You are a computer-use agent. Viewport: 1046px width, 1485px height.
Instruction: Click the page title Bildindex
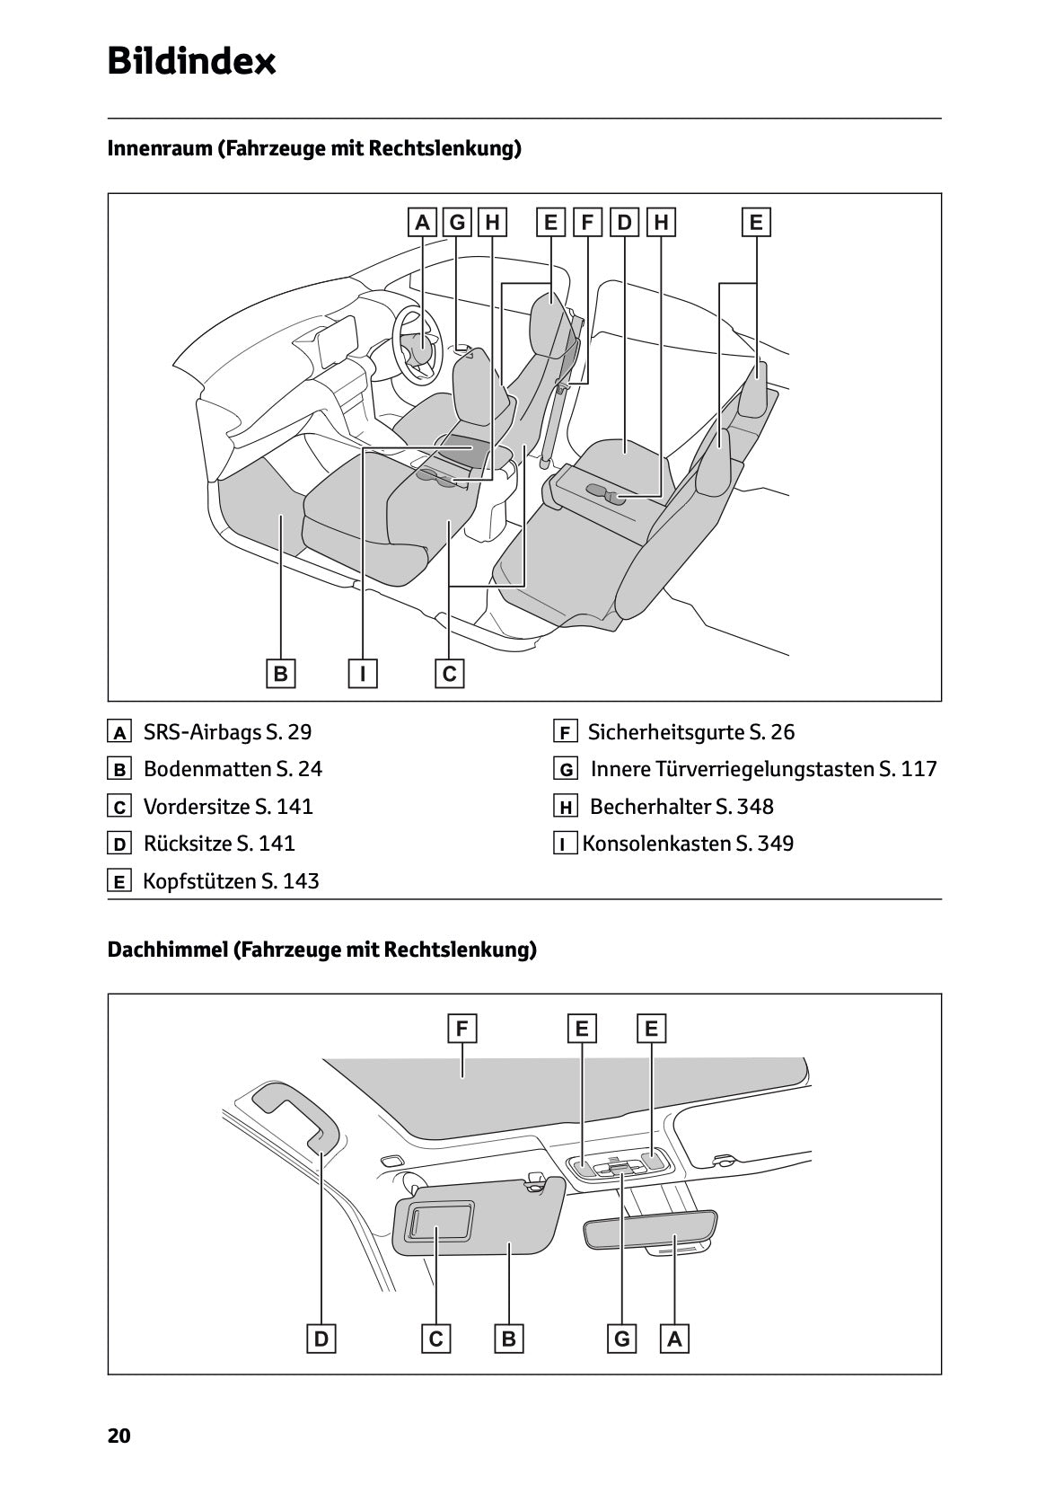click(x=191, y=62)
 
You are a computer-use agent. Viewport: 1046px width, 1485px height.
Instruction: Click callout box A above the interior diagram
click(x=422, y=222)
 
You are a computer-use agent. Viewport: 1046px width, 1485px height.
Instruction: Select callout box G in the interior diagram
click(x=457, y=222)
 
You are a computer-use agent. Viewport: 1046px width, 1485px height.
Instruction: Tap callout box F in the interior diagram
click(x=587, y=222)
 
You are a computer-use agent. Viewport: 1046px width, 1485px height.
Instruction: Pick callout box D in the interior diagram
click(x=624, y=222)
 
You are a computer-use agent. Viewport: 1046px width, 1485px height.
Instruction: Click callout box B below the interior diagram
click(x=280, y=673)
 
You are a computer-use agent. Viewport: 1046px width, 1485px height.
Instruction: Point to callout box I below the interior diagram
click(x=363, y=673)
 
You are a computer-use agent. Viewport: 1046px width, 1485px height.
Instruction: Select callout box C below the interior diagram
click(x=450, y=673)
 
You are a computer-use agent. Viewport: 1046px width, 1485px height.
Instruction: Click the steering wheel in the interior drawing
click(x=418, y=346)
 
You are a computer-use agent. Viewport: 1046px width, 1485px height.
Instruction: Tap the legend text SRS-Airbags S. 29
click(x=227, y=732)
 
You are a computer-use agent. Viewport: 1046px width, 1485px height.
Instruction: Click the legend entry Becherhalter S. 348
click(x=681, y=807)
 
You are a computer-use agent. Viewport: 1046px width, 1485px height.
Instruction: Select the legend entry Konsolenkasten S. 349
click(x=688, y=844)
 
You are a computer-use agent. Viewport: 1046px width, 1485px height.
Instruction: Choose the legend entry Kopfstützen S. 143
click(x=231, y=881)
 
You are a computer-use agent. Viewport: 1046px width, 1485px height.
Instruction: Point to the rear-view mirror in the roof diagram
click(x=650, y=1230)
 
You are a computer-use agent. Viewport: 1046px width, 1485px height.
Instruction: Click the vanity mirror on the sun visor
click(x=440, y=1223)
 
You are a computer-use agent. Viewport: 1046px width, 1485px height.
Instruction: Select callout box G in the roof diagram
click(x=621, y=1339)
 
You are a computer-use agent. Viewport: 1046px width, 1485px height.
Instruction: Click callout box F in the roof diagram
click(x=461, y=1029)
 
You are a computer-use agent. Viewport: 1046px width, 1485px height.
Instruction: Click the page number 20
click(x=119, y=1436)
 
